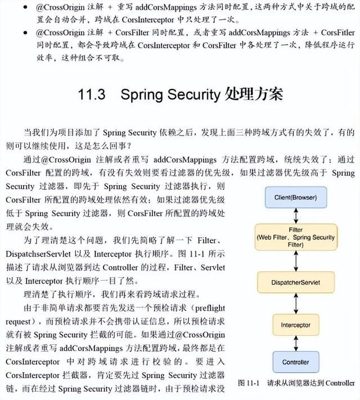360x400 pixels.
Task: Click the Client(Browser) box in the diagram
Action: [296, 198]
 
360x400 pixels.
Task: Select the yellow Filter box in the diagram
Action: [296, 237]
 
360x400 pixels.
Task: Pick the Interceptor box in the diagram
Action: [296, 325]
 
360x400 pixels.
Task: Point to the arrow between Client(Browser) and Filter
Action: [296, 215]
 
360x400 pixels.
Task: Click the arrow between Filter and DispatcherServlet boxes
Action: [296, 260]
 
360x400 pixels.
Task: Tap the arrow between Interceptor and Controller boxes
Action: [296, 343]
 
